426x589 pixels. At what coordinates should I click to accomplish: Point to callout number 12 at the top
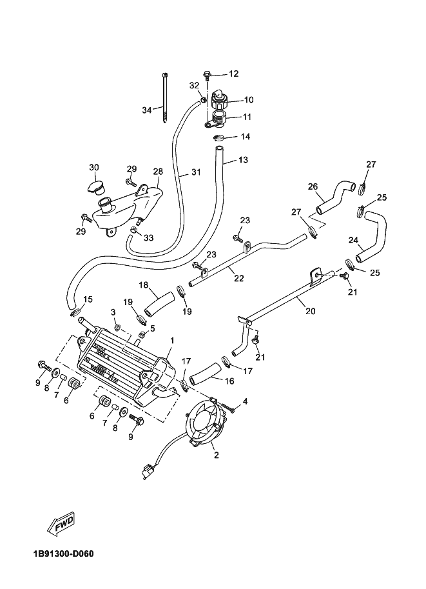point(233,74)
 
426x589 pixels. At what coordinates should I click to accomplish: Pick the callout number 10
point(249,100)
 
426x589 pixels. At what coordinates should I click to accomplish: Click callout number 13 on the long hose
point(242,159)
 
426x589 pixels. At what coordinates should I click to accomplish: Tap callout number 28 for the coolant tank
point(158,172)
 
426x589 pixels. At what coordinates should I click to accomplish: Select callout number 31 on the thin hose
point(195,172)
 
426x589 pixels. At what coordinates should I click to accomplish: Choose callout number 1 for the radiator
point(172,339)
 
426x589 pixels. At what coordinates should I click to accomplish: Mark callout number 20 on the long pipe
point(310,310)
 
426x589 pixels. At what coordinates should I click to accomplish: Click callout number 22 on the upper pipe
point(239,278)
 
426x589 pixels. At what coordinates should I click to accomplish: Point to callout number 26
point(313,187)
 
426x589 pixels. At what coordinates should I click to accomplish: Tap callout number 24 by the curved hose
point(353,240)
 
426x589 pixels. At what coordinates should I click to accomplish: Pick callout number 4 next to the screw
point(245,401)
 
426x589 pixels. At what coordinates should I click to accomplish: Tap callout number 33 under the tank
point(149,238)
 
